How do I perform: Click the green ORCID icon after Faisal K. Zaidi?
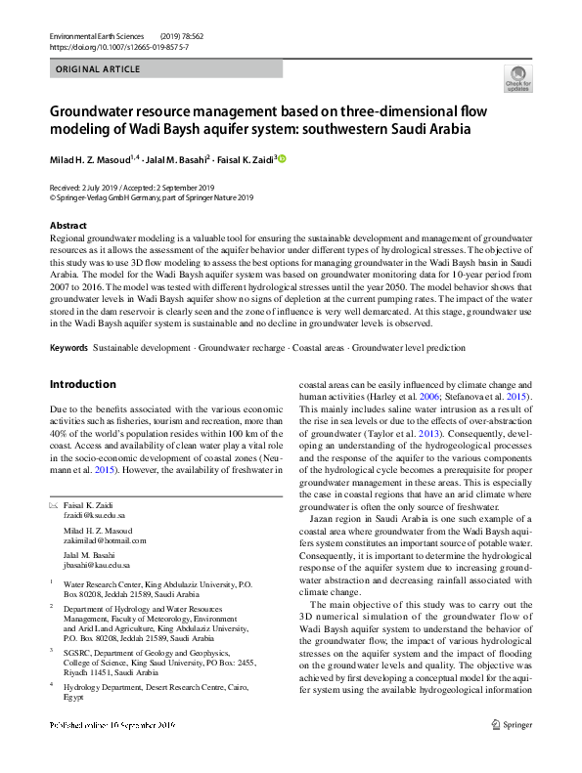point(283,157)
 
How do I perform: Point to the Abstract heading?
point(67,226)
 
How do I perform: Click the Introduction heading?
point(83,384)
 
